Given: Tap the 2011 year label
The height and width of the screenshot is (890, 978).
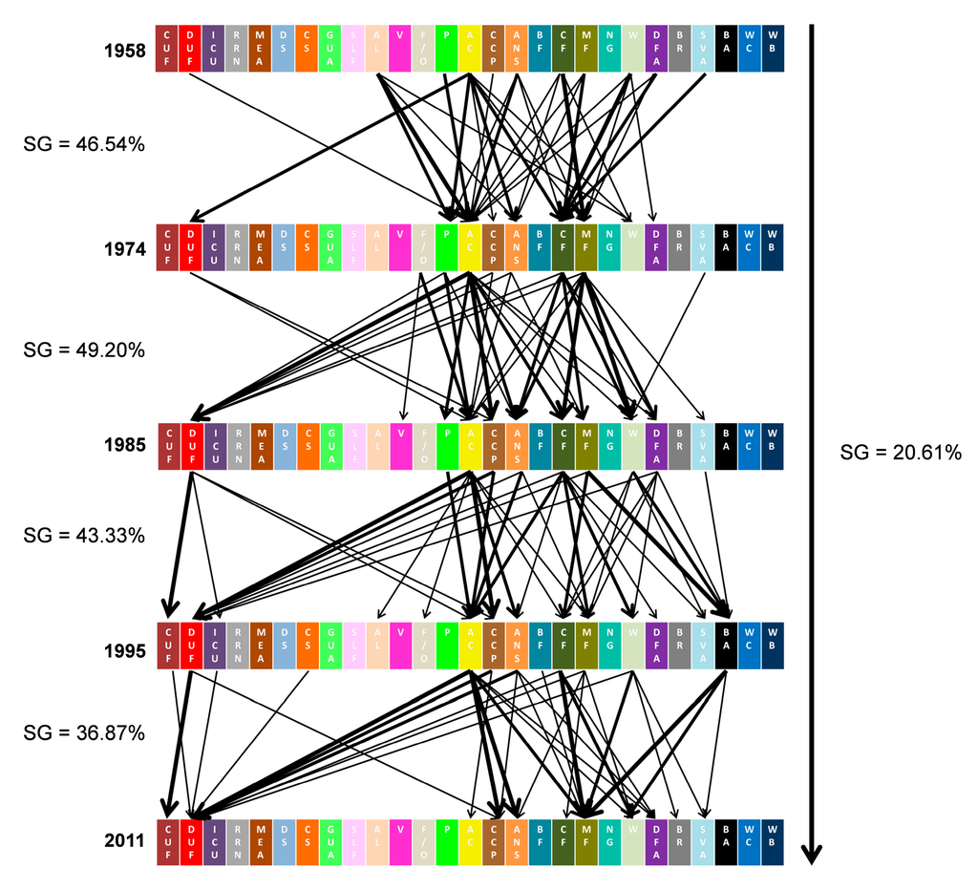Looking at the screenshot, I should click(124, 841).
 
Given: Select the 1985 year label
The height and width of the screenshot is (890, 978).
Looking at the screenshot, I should click(124, 445).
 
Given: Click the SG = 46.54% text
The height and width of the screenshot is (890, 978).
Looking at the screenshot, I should click(84, 144).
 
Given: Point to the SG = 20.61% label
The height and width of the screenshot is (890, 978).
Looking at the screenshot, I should click(901, 452).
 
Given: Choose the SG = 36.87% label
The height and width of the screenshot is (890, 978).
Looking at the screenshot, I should click(84, 733).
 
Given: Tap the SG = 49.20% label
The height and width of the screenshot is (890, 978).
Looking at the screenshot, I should click(84, 350).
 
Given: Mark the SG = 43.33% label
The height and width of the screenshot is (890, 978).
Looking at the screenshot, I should click(84, 535).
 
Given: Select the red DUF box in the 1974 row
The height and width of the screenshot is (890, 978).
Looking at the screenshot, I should click(191, 247).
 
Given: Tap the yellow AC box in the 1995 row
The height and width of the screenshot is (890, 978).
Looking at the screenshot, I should click(470, 646).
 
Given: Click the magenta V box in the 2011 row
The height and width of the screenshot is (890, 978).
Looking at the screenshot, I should click(400, 842).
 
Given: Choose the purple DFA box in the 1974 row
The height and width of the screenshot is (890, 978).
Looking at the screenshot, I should click(656, 247).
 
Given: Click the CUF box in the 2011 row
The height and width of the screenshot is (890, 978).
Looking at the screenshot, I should click(168, 842).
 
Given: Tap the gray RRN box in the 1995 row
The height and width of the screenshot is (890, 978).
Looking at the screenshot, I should click(238, 646).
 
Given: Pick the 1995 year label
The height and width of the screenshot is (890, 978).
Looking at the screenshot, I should click(124, 651).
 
